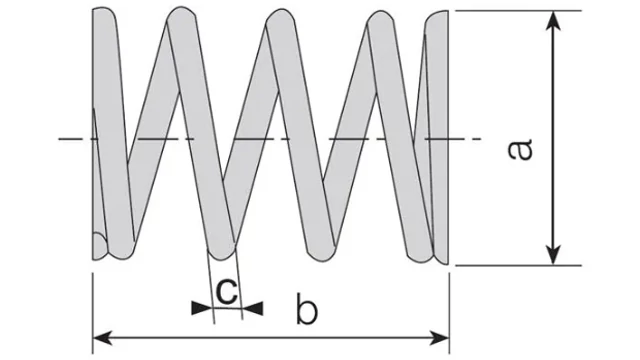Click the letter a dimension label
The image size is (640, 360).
click(x=520, y=150)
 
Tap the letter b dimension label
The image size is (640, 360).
click(x=307, y=309)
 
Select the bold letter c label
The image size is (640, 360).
click(x=226, y=290)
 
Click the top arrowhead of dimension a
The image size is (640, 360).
click(x=553, y=21)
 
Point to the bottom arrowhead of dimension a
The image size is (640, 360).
click(x=553, y=255)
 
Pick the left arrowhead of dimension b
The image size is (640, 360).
click(x=103, y=338)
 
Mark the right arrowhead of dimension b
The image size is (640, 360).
click(x=439, y=338)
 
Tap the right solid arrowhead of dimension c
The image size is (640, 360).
click(x=253, y=308)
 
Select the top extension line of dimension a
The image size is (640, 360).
click(x=518, y=11)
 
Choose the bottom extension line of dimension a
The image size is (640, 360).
click(x=518, y=265)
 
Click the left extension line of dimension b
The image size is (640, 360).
click(x=93, y=313)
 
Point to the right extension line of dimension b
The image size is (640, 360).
click(x=449, y=313)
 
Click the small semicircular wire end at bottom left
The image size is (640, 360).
click(x=99, y=246)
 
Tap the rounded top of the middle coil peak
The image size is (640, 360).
click(x=280, y=17)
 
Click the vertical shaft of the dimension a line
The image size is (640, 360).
click(x=553, y=138)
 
